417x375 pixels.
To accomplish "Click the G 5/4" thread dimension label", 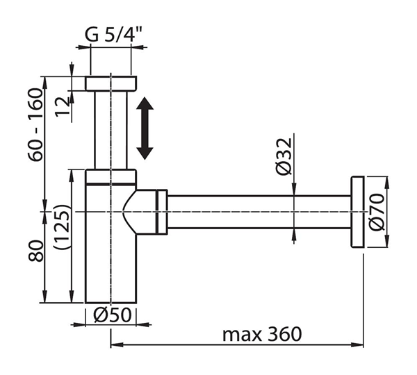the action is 113,35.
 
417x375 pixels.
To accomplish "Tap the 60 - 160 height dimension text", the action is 35,125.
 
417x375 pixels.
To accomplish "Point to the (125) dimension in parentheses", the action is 62,227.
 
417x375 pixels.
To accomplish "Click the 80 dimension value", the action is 35,251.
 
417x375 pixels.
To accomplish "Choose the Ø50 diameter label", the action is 113,315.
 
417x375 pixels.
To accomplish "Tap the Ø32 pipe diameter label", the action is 284,156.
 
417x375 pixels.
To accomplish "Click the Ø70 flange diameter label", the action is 377,212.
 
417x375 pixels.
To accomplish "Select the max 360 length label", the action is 262,334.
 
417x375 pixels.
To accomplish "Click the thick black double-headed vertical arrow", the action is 145,128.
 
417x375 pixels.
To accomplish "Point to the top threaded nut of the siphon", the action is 111,83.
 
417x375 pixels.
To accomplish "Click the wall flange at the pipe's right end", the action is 357,212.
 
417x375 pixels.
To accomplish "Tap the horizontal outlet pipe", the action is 259,212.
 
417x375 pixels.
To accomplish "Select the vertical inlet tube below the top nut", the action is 111,130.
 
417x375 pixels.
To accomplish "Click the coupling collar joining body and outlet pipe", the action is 162,212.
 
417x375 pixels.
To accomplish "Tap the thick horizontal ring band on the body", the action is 111,183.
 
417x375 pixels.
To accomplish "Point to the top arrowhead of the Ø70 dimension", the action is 387,183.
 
